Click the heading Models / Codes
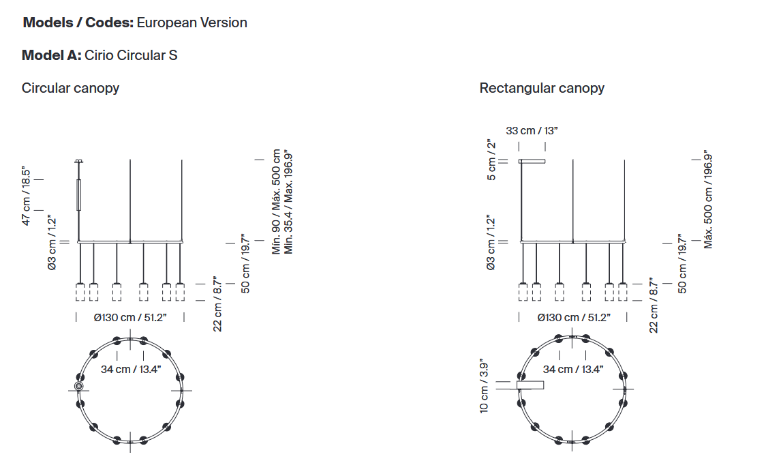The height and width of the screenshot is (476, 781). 78,23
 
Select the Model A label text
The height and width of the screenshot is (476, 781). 51,55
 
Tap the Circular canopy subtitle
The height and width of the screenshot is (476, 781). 70,88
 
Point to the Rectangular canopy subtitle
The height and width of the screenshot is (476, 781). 542,88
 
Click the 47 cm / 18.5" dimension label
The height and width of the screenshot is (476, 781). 26,196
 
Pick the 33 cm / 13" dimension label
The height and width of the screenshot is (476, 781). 532,130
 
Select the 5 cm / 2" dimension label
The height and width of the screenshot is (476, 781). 491,160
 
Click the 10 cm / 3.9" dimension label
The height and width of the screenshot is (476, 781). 484,386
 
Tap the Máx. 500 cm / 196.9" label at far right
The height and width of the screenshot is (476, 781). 708,199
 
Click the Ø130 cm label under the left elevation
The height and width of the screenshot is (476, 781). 130,318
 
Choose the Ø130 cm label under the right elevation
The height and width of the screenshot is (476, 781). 574,318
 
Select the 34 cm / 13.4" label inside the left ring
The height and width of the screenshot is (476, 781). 130,370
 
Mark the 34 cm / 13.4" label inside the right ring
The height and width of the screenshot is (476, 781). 572,370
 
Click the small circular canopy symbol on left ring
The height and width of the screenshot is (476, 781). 78,386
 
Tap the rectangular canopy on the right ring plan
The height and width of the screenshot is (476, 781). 530,385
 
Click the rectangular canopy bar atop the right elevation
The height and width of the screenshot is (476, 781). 532,161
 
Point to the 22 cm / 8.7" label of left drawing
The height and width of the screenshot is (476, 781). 217,304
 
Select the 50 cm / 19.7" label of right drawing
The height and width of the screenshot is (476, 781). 682,263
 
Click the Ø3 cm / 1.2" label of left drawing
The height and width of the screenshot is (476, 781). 52,243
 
